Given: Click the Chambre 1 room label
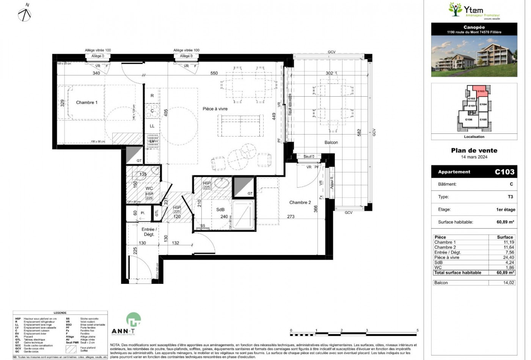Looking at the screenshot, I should point(86,102).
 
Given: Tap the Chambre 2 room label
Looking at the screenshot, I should point(300,202).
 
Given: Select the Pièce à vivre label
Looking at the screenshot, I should point(215,109).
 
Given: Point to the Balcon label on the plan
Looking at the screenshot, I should point(331,142).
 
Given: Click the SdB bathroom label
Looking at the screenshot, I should point(220,210).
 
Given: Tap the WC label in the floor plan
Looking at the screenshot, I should point(149,188).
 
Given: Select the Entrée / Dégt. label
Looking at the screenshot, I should point(149,232).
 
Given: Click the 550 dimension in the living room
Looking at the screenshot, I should point(214,73).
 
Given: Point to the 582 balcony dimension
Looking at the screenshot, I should point(359,133).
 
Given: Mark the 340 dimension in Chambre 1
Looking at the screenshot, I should point(96,73).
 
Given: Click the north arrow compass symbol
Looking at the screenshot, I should point(25,14).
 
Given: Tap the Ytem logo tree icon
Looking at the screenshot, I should point(455,9).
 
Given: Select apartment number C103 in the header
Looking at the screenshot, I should point(504,172).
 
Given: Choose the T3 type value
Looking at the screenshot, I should point(510,197).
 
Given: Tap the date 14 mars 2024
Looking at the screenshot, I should point(474,157).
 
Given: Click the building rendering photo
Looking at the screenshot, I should point(474,56).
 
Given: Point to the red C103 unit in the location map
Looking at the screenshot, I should point(481,91).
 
